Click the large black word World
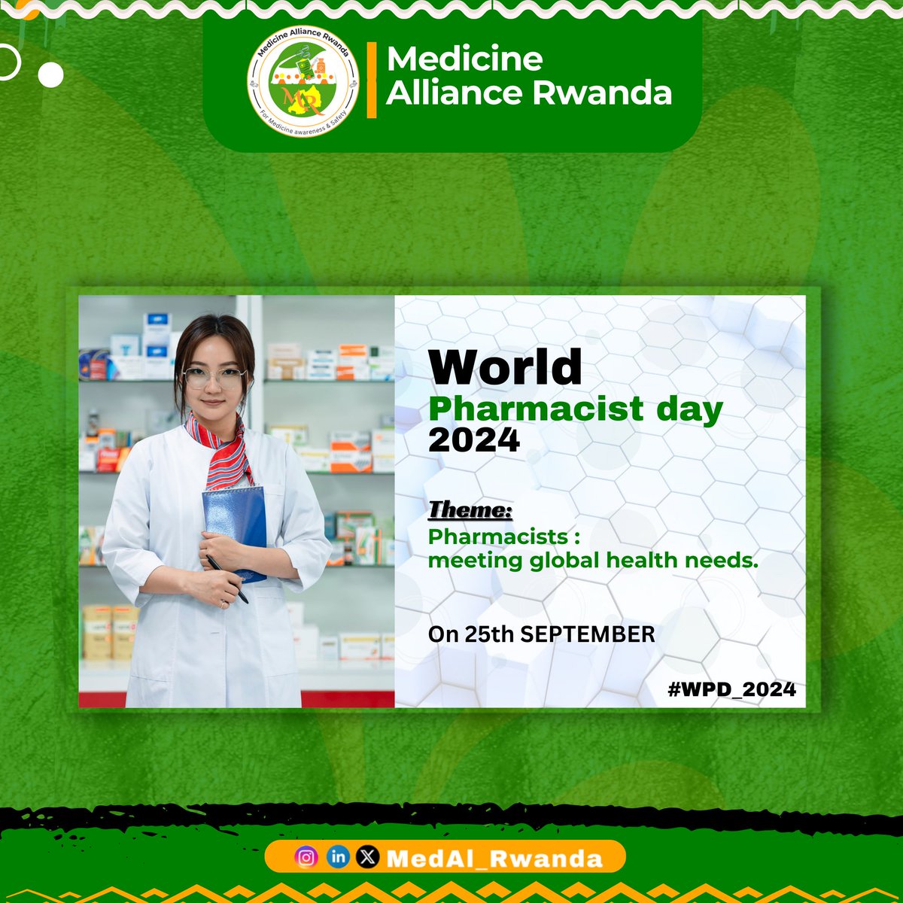pos(505,366)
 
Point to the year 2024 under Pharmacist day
pos(474,439)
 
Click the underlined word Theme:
pos(470,510)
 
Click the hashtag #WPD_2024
pos(731,689)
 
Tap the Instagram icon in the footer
pos(306,857)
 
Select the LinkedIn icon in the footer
pos(338,857)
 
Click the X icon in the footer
pos(367,857)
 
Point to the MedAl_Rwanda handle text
pos(494,859)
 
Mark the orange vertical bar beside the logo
pos(371,81)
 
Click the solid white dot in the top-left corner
pos(51,74)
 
